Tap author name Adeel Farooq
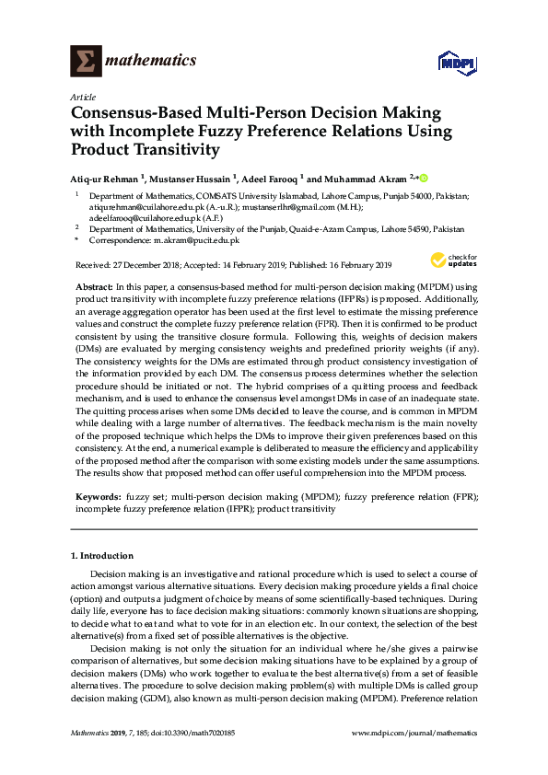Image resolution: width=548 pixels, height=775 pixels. tap(274, 177)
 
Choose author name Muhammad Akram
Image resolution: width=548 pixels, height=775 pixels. tap(361, 177)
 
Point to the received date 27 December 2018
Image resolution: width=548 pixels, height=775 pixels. tap(156, 264)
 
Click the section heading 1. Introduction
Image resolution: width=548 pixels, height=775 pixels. tap(102, 556)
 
